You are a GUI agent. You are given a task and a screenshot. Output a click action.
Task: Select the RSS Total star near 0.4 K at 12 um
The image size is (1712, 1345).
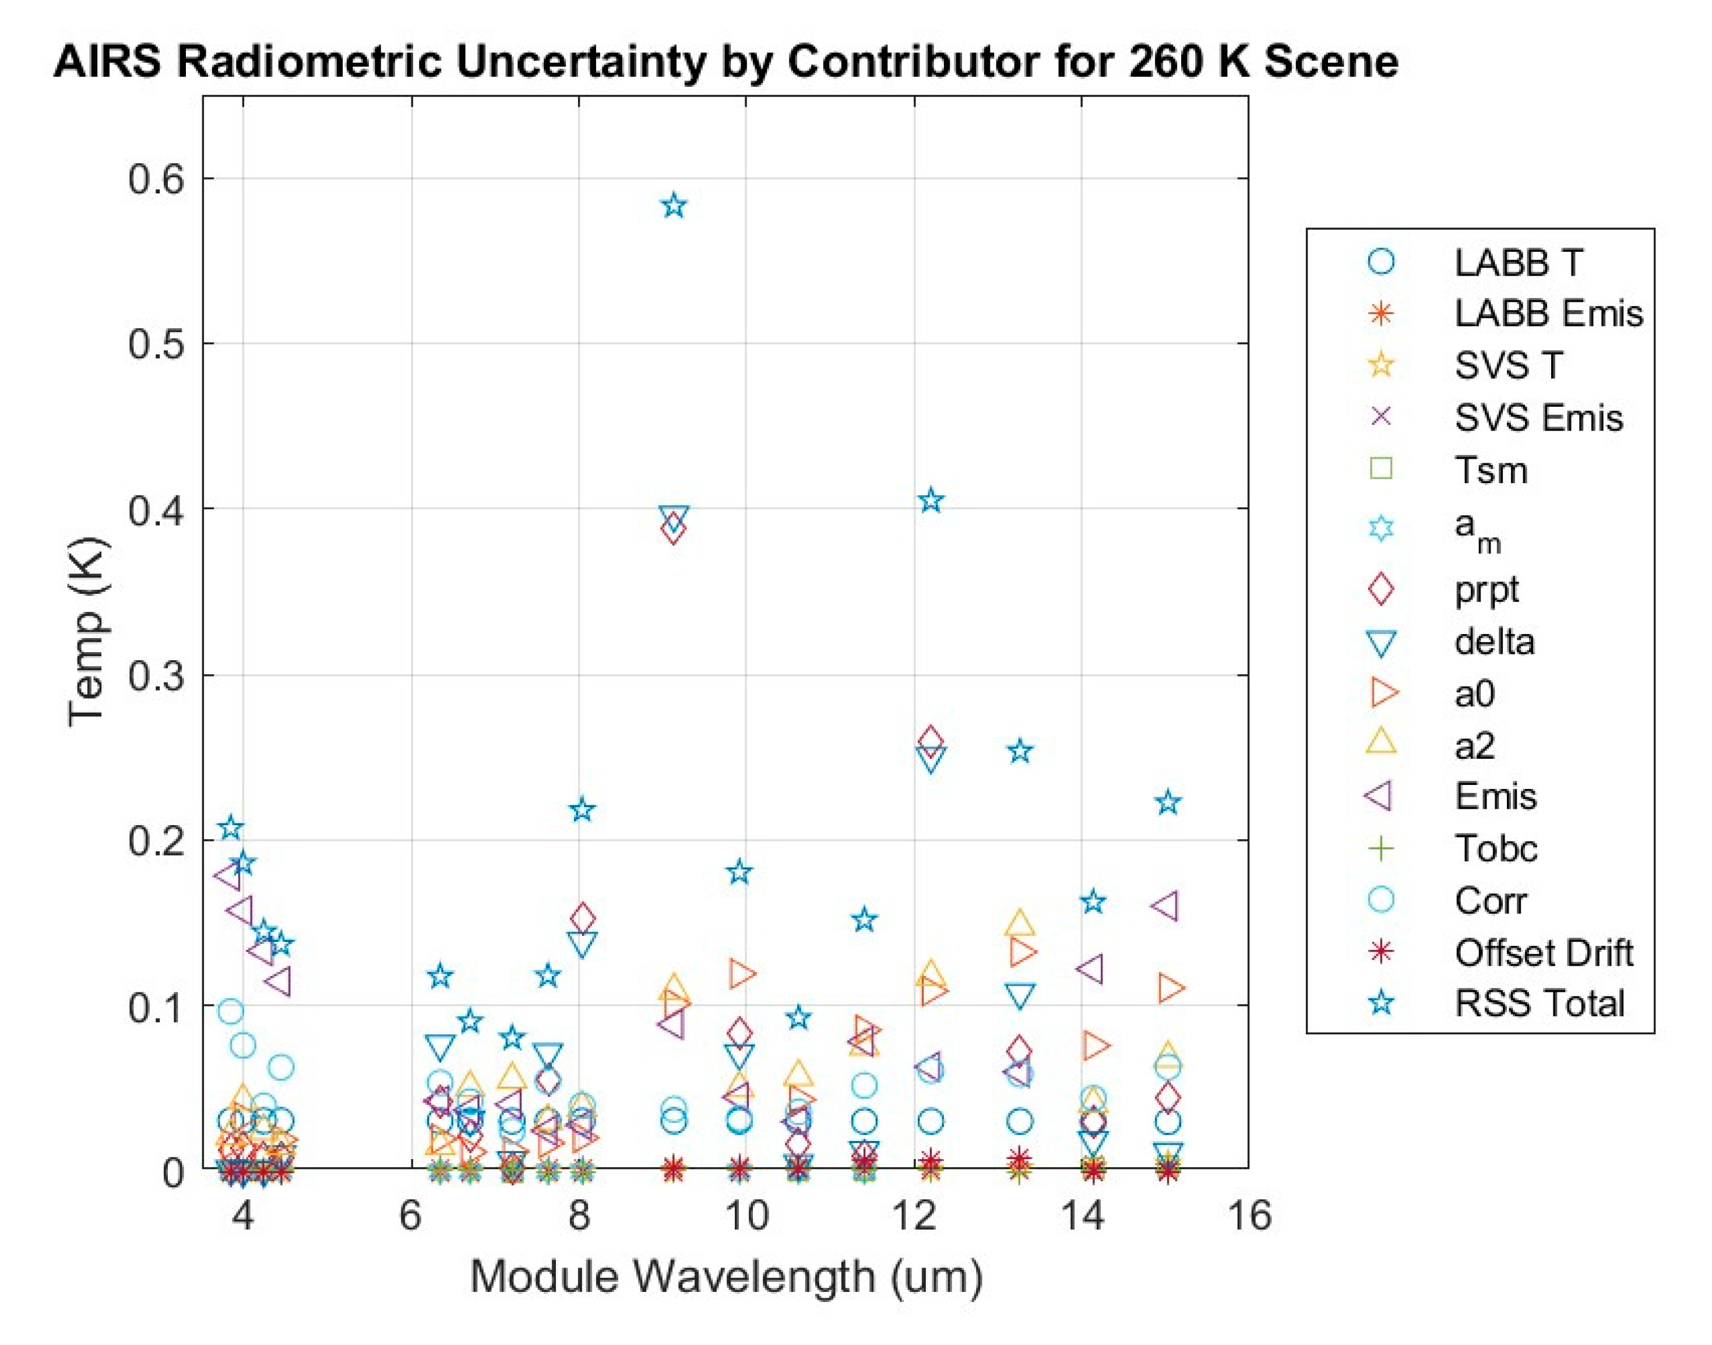pos(931,500)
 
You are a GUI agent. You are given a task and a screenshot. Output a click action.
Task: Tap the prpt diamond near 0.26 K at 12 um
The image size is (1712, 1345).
pos(931,740)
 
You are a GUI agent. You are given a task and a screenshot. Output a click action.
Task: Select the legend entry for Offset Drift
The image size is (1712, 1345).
pos(1542,953)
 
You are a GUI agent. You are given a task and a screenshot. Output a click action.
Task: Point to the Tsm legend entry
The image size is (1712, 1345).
pos(1490,470)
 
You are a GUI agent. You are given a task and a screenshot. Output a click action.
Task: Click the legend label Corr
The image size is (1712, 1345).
pos(1490,900)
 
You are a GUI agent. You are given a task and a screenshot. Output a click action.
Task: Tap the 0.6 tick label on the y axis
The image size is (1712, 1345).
pos(155,179)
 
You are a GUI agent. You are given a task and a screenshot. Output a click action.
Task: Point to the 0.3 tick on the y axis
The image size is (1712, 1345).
pos(155,675)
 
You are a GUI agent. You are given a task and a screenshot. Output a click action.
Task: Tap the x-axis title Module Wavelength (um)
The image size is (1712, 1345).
pos(726,1276)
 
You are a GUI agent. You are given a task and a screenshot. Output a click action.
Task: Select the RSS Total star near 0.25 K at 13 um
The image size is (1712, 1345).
pos(1020,751)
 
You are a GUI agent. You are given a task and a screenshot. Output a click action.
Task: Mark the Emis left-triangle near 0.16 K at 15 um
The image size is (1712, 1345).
pos(1165,906)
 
